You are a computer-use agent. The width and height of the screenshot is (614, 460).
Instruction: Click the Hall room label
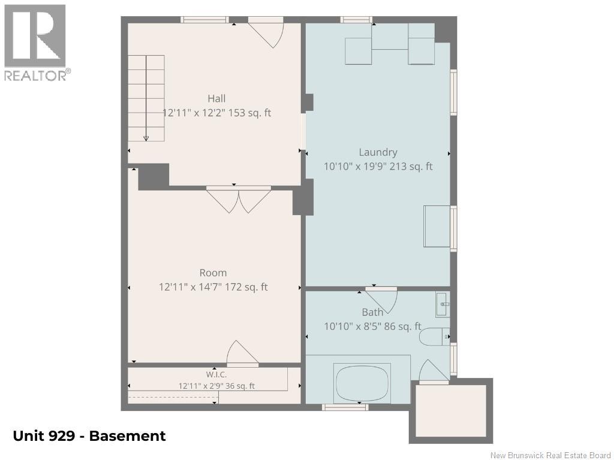[x=216, y=99]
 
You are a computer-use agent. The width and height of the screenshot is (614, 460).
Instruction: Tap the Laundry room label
[x=378, y=153]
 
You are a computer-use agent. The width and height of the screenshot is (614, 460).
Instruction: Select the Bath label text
[x=372, y=312]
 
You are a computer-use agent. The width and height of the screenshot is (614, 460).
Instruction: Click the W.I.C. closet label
[x=216, y=375]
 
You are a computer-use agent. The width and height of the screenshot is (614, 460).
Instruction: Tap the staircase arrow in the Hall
[x=146, y=98]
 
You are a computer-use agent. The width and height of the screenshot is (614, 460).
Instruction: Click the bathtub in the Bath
[x=362, y=383]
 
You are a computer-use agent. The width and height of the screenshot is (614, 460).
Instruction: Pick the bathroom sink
[x=443, y=304]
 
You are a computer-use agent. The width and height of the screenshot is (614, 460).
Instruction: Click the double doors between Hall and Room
[x=239, y=200]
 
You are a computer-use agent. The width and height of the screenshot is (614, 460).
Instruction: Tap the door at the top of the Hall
[x=266, y=32]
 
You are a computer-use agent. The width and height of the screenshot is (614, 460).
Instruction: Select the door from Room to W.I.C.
[x=242, y=354]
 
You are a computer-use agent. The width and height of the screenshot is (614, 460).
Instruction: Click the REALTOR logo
[x=36, y=43]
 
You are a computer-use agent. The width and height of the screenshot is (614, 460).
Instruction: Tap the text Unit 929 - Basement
[x=89, y=436]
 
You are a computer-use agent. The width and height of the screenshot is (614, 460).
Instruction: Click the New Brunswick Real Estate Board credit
[x=550, y=455]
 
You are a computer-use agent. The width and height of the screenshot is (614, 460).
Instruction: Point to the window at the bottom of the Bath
[x=345, y=407]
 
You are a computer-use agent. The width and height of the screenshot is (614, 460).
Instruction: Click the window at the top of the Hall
[x=204, y=20]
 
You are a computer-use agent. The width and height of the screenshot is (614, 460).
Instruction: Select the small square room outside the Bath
[x=451, y=411]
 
